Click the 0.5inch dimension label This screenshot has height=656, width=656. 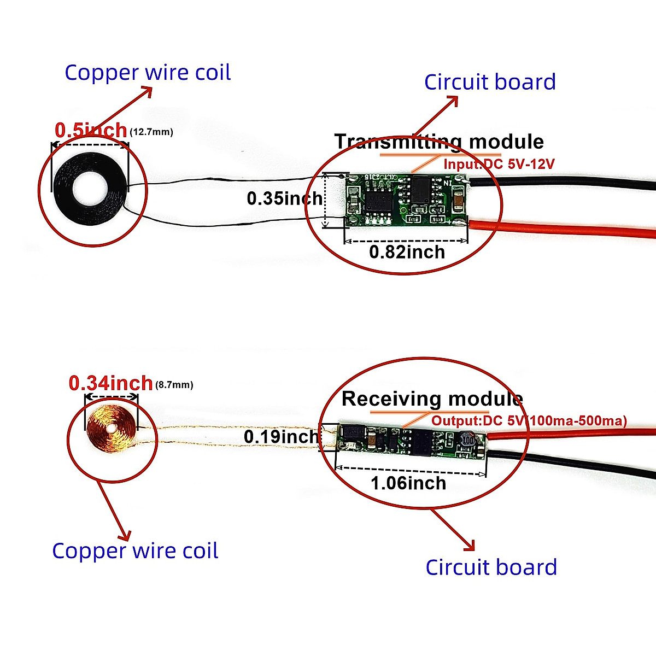coord(91,131)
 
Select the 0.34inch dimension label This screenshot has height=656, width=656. coord(110,383)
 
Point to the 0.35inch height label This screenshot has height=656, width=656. coord(284,198)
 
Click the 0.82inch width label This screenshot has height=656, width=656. coord(407,252)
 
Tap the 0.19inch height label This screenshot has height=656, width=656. coord(281,437)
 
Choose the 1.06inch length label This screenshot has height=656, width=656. coord(408,483)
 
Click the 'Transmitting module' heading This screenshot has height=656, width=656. coord(439,142)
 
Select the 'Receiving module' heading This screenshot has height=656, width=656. coord(432,399)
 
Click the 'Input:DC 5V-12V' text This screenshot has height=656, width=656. coord(499,164)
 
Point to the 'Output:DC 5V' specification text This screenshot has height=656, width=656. coord(529,421)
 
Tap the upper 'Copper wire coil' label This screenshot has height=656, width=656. coord(148,73)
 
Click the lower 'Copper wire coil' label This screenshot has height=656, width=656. coord(135,550)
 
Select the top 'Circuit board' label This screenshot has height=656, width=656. coord(490,82)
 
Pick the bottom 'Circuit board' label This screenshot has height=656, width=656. coord(491,567)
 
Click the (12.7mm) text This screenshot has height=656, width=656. coord(151,132)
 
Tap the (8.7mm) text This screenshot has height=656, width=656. coord(174,385)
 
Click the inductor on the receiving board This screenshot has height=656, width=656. coord(468,440)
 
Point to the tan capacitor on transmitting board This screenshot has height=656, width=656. coord(458,203)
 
